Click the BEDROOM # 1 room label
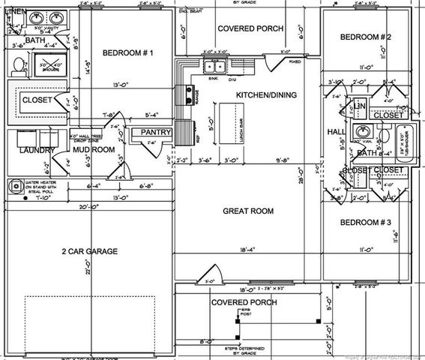128,52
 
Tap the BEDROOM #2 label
366,37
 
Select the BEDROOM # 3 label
366,223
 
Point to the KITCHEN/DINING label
266,96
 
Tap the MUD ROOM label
93,149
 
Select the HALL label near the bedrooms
337,131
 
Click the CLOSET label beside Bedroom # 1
35,99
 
